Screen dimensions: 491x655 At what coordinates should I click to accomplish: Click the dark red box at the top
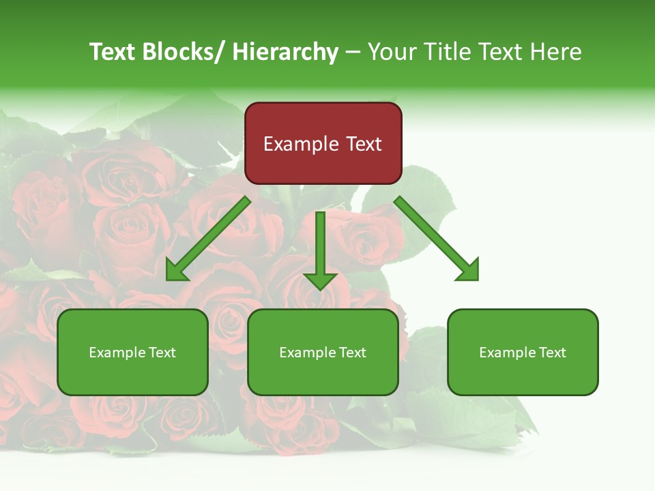[x=323, y=143]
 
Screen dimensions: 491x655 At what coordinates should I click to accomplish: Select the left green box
[x=132, y=352]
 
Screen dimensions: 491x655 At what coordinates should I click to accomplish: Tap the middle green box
[x=323, y=352]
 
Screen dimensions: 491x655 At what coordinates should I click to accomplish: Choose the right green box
[x=523, y=352]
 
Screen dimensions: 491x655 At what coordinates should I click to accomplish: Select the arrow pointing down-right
[x=437, y=239]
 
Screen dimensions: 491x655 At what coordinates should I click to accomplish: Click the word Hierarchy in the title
[x=285, y=52]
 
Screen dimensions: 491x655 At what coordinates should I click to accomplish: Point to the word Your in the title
[x=392, y=52]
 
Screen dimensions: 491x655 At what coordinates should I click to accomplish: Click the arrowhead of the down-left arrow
[x=176, y=271]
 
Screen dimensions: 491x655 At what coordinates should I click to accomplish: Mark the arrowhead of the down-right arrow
[x=469, y=271]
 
